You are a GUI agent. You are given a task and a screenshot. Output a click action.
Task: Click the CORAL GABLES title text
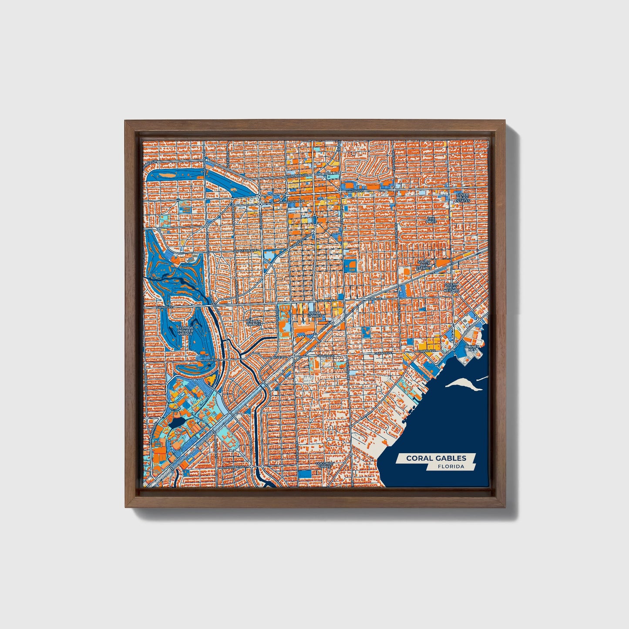pos(436,458)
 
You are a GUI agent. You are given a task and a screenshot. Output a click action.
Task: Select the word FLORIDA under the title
pos(451,467)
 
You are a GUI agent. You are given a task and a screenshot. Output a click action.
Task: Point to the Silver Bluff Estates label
pos(463,198)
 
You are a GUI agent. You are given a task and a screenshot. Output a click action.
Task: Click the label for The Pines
pos(431,220)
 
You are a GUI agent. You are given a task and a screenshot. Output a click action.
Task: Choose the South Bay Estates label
pos(424,265)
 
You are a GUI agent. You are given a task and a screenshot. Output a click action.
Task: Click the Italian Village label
pos(253,323)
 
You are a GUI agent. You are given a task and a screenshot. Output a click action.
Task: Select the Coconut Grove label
pos(324,465)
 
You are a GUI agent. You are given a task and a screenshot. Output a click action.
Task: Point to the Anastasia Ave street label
pos(246,251)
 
